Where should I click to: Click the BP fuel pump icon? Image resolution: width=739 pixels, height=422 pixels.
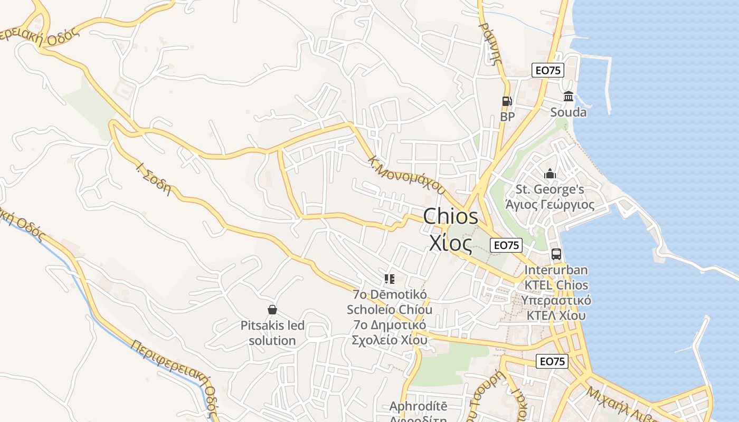[x=507, y=101]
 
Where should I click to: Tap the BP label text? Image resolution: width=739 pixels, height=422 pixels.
[x=507, y=117]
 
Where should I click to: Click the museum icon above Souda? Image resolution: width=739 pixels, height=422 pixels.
[x=569, y=97]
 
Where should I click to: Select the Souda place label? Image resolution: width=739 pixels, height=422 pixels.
[x=569, y=112]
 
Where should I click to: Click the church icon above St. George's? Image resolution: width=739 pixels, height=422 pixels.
[x=550, y=173]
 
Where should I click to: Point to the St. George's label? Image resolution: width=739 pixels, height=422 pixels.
[x=550, y=189]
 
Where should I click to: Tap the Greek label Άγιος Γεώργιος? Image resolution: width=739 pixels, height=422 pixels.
[x=550, y=205]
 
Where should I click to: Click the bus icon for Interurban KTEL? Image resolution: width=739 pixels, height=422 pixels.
[x=556, y=254]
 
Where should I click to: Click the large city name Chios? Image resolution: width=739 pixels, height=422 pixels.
[x=451, y=216]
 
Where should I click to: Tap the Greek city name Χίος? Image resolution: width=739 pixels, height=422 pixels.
[x=450, y=243]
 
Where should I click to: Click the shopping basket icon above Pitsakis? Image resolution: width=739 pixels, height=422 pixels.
[x=272, y=310]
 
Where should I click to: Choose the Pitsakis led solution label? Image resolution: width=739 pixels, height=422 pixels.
[x=272, y=333]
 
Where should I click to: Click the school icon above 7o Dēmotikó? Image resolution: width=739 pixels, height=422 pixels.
[x=390, y=279]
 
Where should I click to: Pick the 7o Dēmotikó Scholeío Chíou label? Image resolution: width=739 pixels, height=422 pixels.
[x=390, y=302]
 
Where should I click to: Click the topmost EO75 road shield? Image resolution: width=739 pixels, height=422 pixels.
[x=547, y=70]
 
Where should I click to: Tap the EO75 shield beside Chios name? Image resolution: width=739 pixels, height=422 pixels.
[x=506, y=245]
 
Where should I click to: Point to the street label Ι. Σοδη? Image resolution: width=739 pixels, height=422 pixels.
[x=154, y=179]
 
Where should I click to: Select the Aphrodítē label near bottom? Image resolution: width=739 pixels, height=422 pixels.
[x=418, y=406]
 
